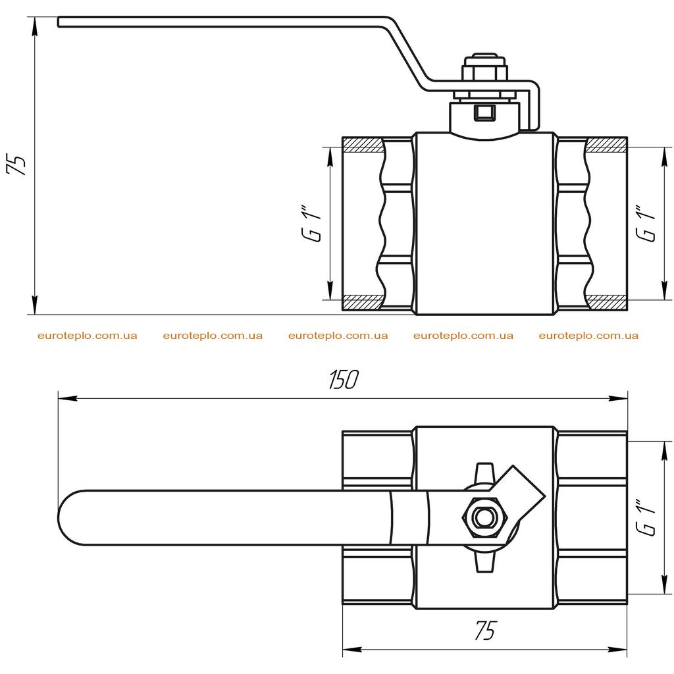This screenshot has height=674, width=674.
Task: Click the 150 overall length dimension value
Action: pos(343,380)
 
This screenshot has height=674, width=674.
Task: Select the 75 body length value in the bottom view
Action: pos(485,630)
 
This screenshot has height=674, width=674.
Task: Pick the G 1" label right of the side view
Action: pos(646,224)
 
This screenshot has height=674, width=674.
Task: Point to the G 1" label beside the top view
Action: pos(646,517)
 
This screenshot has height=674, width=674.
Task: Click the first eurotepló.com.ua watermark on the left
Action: pos(88,336)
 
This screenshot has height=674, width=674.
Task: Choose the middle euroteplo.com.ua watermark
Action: pos(338,336)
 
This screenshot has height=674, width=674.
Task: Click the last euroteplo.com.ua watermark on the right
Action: pos(588,336)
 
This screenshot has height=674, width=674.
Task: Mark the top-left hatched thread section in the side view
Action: pos(363,145)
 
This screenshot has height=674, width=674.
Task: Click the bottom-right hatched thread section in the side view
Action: pos(606,303)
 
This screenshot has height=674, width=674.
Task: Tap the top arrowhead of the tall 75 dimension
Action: pos(34,26)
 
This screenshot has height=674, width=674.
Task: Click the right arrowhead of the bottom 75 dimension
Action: pos(618,648)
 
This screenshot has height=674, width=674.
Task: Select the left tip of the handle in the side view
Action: pos(59,22)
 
